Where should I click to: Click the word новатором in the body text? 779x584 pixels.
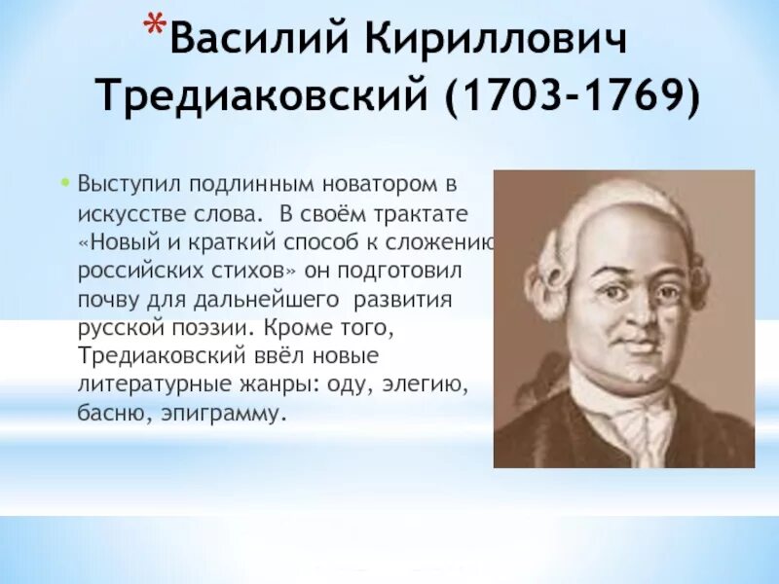(379, 184)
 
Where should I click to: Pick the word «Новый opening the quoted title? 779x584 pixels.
(115, 240)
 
